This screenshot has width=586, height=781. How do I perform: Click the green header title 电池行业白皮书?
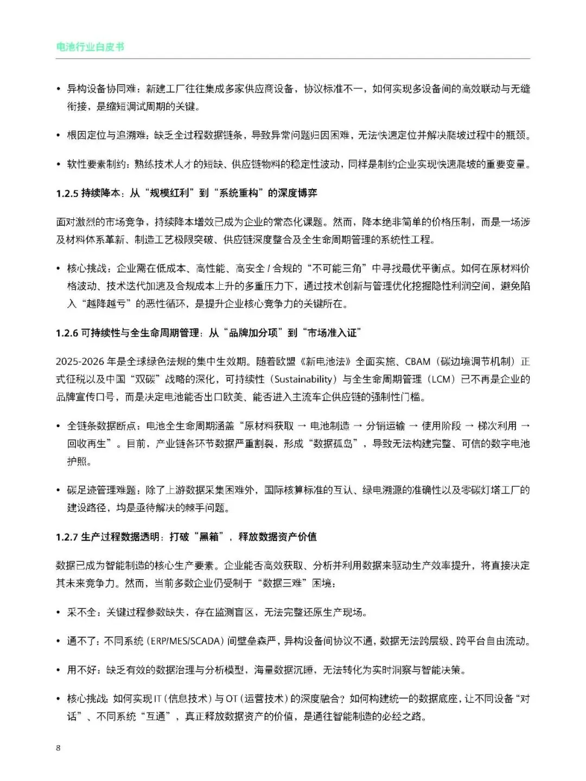(90, 47)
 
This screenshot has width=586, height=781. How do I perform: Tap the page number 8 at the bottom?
(59, 748)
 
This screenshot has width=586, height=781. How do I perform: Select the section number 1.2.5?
(67, 193)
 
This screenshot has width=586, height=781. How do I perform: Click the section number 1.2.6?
(67, 333)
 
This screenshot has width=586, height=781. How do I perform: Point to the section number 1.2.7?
(67, 537)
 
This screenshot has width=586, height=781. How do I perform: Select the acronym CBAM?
(417, 361)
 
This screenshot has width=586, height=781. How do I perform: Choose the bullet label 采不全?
(82, 612)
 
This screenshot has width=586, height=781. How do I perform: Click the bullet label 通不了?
(82, 642)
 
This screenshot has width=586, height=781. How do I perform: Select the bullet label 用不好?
(82, 670)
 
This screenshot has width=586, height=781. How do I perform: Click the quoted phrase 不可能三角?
(339, 268)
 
